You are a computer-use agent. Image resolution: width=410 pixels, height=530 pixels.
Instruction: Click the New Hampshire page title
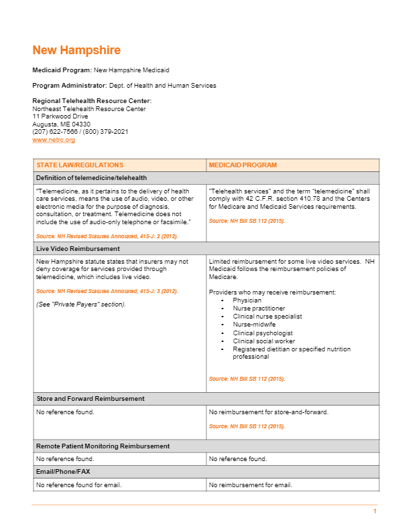click(76, 51)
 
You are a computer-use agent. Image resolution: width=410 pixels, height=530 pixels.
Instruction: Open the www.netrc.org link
click(54, 140)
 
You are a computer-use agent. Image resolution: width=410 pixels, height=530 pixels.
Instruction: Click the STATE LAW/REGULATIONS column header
click(80, 165)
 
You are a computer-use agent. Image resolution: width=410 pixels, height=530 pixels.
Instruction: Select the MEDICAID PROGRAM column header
click(243, 165)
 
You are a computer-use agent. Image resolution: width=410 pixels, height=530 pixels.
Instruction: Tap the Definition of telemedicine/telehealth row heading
click(91, 178)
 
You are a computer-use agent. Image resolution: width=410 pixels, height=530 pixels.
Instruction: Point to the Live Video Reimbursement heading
click(78, 248)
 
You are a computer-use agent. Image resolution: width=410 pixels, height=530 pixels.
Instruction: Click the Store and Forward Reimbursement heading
click(90, 399)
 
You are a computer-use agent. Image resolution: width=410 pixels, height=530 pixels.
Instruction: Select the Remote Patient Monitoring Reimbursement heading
click(102, 446)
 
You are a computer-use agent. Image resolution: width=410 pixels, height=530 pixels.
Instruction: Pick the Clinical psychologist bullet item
click(263, 333)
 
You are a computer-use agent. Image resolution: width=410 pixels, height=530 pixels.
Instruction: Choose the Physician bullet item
click(247, 300)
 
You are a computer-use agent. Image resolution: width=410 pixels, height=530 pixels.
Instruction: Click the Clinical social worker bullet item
click(264, 341)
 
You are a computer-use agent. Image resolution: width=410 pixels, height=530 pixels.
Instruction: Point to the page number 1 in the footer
click(375, 511)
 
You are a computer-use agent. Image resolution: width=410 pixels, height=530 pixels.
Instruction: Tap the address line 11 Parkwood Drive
click(60, 116)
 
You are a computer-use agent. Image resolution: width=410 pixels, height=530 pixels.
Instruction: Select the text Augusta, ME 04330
click(62, 124)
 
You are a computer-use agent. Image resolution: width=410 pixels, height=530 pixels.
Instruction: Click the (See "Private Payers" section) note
click(80, 304)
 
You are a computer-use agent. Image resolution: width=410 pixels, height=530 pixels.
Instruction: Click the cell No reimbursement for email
click(251, 484)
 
